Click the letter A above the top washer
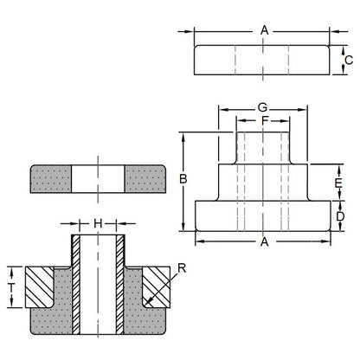(x=263, y=29)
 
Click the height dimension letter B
(x=183, y=179)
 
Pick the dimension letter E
(x=340, y=183)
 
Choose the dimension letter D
(x=340, y=215)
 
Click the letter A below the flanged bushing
(x=263, y=243)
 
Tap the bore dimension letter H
(x=97, y=223)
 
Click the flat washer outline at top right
(x=263, y=60)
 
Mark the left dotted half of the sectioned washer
(x=50, y=180)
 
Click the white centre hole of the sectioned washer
(x=97, y=180)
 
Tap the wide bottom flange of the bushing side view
(x=263, y=215)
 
